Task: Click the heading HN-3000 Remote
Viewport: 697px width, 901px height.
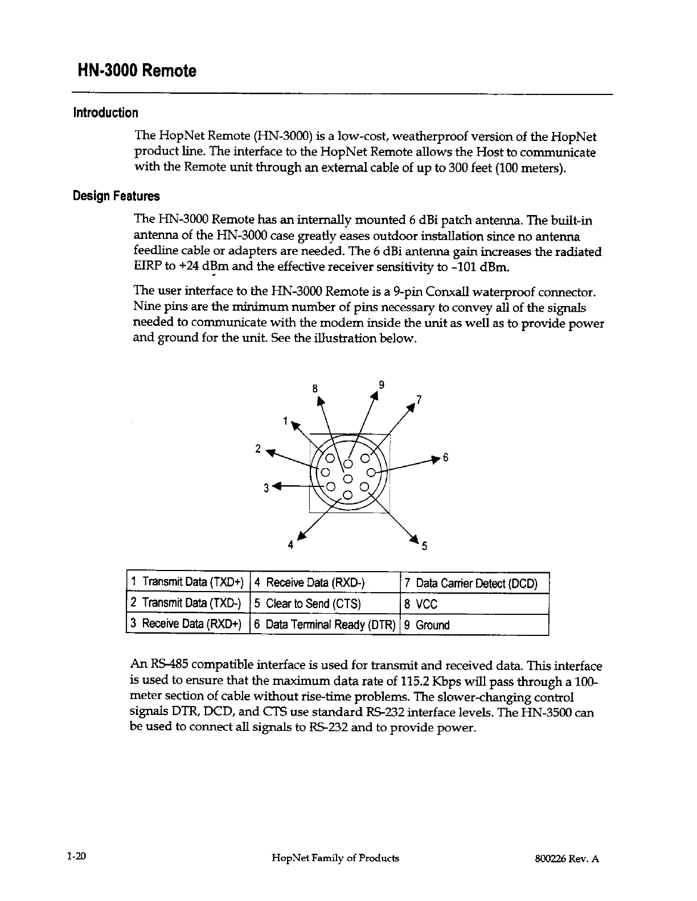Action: click(x=137, y=71)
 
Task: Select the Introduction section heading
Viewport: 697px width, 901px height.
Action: click(x=105, y=113)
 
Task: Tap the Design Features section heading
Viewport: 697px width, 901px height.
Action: click(x=116, y=197)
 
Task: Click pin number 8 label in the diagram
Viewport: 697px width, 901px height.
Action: click(x=314, y=390)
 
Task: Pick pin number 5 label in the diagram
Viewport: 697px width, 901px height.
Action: click(x=423, y=548)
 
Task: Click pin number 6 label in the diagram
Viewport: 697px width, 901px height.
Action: click(x=446, y=458)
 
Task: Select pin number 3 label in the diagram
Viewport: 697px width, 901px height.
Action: click(x=266, y=488)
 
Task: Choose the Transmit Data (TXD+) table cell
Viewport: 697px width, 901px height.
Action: click(x=187, y=582)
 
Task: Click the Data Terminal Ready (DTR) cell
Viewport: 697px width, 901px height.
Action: click(x=325, y=625)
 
